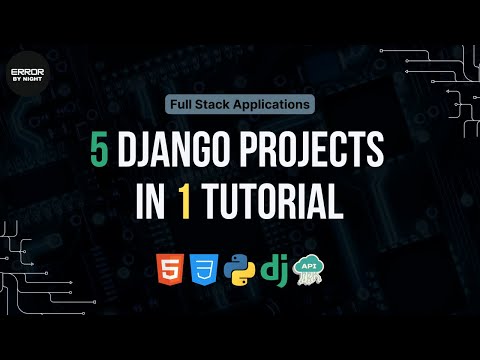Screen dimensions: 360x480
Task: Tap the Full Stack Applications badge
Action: click(240, 103)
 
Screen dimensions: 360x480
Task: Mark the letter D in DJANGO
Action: click(129, 152)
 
